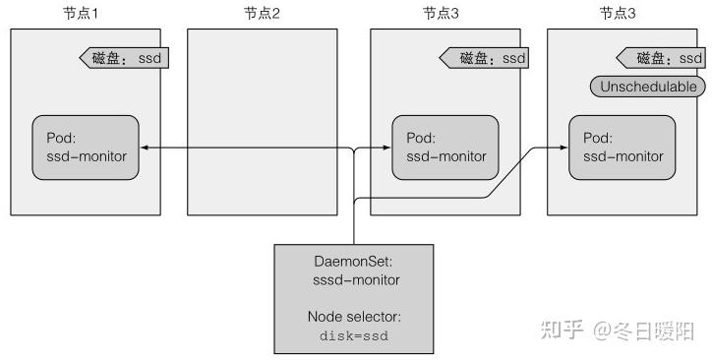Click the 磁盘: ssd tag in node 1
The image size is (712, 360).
click(x=123, y=58)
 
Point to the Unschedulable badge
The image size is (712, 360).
click(x=648, y=87)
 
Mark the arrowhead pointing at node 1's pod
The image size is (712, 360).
click(x=144, y=149)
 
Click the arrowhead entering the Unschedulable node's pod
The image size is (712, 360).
click(x=563, y=149)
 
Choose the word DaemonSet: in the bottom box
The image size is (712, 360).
click(x=351, y=263)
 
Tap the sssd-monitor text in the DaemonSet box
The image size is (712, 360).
click(x=351, y=281)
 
